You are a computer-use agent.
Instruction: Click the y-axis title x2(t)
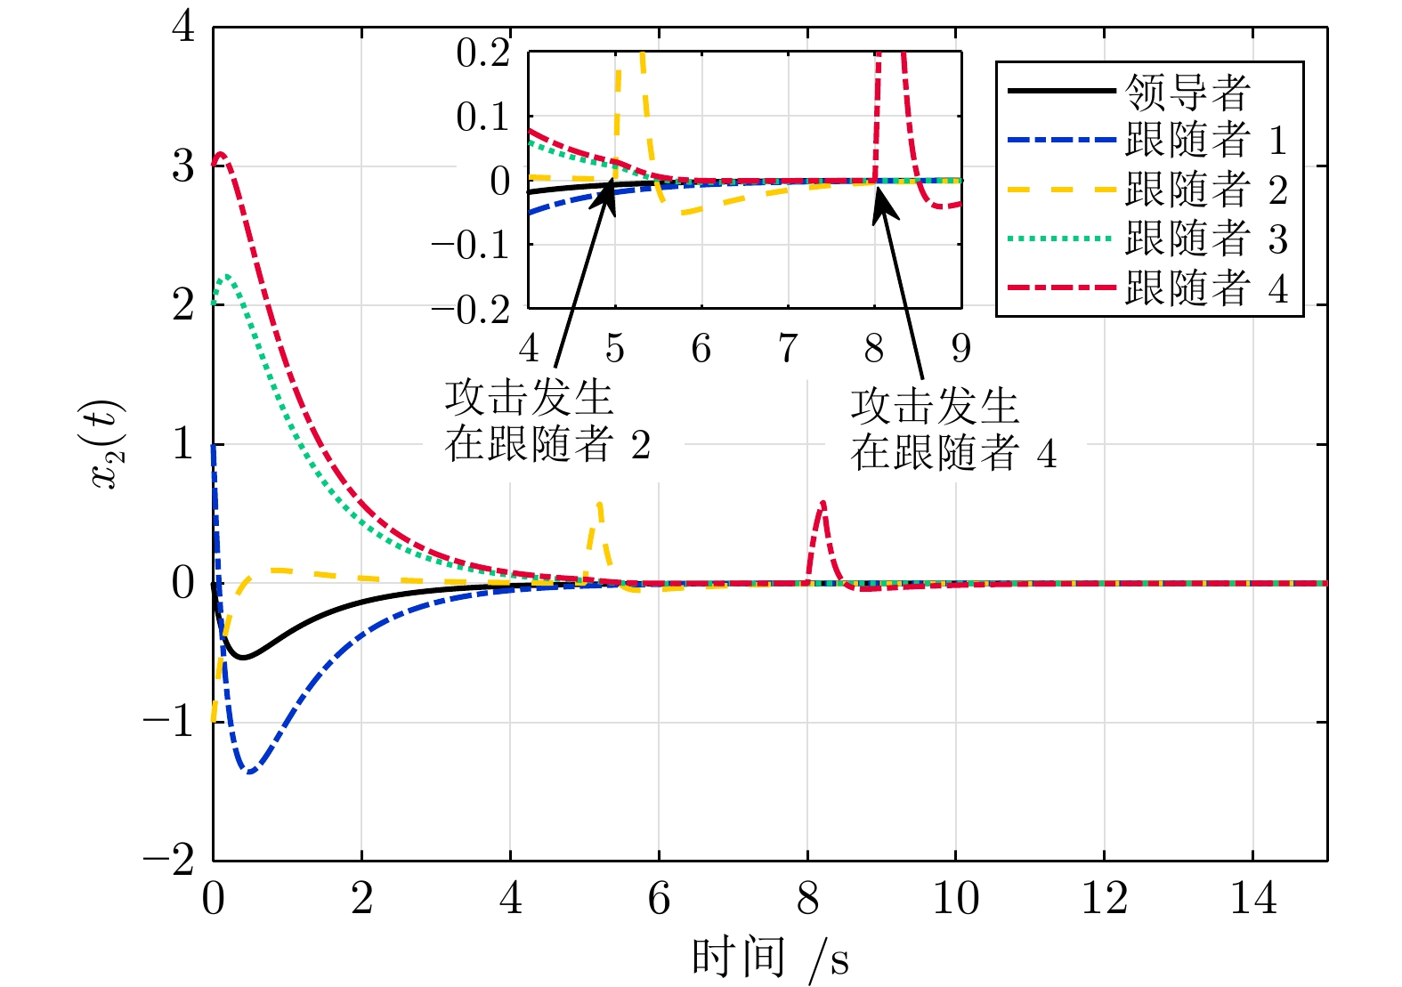(x=109, y=445)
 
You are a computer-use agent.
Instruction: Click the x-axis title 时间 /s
(x=770, y=959)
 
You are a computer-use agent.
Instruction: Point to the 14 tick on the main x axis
(x=1252, y=899)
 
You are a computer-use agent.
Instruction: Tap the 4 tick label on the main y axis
(x=183, y=27)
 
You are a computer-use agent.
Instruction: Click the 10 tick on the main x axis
(x=955, y=899)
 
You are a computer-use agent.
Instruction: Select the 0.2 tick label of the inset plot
(x=482, y=53)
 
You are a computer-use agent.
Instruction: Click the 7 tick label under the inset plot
(x=788, y=348)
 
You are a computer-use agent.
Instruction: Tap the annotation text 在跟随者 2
(x=547, y=444)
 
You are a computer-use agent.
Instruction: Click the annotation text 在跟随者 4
(x=952, y=453)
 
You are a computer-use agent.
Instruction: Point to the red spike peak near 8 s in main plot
(x=823, y=503)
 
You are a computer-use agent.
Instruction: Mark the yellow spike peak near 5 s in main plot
(x=600, y=503)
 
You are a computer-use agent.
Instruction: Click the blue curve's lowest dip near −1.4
(x=250, y=772)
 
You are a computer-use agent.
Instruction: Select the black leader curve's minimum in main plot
(x=242, y=658)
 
